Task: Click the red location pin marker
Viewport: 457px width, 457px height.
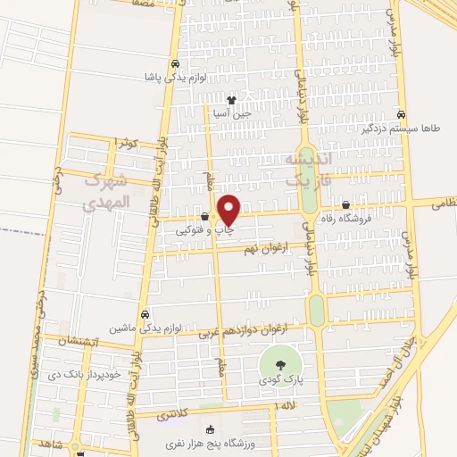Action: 229,210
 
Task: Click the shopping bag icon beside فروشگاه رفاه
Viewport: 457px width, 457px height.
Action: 345,205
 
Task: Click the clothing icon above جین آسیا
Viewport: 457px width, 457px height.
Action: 232,100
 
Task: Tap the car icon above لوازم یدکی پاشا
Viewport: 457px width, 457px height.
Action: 176,64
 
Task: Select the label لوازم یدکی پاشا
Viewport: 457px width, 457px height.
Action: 175,79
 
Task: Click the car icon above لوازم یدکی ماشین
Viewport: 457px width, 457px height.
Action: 145,313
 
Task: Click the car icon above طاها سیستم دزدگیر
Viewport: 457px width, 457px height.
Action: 403,114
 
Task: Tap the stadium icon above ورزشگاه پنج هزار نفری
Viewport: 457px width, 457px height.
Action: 210,428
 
